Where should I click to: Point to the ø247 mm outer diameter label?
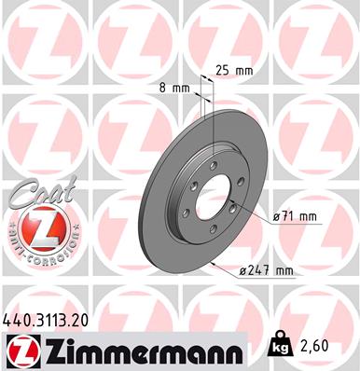point(268,271)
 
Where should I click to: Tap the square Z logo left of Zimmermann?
point(20,350)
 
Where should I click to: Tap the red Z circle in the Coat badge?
point(34,229)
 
